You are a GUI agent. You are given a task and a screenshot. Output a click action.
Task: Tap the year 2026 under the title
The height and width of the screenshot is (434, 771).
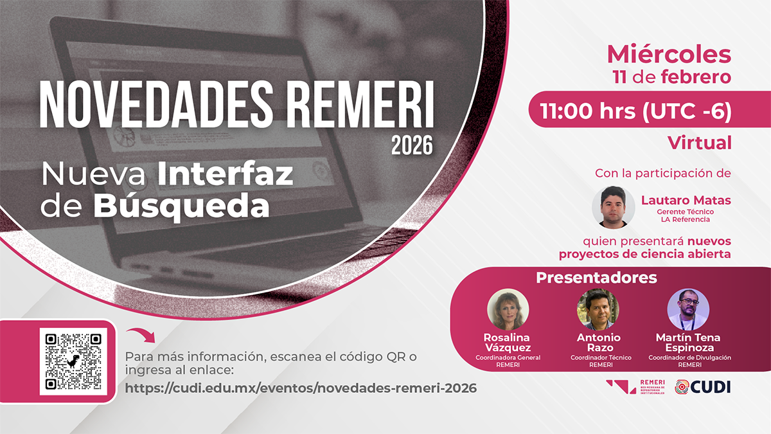click(412, 146)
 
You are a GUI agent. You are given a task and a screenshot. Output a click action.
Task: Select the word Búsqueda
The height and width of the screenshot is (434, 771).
click(181, 206)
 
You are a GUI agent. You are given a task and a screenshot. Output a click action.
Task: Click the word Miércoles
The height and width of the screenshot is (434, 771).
click(669, 55)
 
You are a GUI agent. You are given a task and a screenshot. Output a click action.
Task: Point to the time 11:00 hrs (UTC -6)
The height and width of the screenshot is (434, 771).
click(635, 111)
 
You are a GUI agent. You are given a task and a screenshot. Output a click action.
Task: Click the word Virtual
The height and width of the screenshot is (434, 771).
click(700, 143)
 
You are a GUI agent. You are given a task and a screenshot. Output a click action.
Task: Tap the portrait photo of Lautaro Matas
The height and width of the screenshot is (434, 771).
click(614, 207)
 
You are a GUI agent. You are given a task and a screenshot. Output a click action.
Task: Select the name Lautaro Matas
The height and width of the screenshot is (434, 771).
click(686, 200)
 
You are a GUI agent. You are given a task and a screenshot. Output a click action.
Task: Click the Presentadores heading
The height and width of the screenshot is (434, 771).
click(596, 278)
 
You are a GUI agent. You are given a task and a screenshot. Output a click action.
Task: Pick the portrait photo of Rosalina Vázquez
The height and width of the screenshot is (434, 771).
click(508, 309)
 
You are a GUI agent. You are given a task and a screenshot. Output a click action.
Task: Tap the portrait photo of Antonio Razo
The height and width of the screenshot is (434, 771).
click(598, 309)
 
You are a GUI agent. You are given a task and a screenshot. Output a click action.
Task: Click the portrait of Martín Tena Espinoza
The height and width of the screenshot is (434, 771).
click(688, 309)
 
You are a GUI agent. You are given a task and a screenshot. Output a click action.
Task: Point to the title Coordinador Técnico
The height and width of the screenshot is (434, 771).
click(601, 357)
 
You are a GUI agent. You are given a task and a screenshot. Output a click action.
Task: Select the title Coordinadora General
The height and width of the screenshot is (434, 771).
click(508, 357)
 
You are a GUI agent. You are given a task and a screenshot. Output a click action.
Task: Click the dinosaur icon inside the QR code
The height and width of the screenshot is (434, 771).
click(73, 361)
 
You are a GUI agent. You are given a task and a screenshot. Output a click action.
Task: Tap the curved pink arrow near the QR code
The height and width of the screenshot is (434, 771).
click(141, 335)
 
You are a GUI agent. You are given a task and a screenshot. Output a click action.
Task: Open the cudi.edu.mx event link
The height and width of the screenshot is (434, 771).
click(301, 388)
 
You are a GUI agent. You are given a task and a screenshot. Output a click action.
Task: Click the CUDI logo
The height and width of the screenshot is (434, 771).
click(702, 387)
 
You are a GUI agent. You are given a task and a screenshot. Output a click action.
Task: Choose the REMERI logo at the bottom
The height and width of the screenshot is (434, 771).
click(635, 387)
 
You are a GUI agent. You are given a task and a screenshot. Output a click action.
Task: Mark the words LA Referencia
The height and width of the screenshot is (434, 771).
click(686, 219)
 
